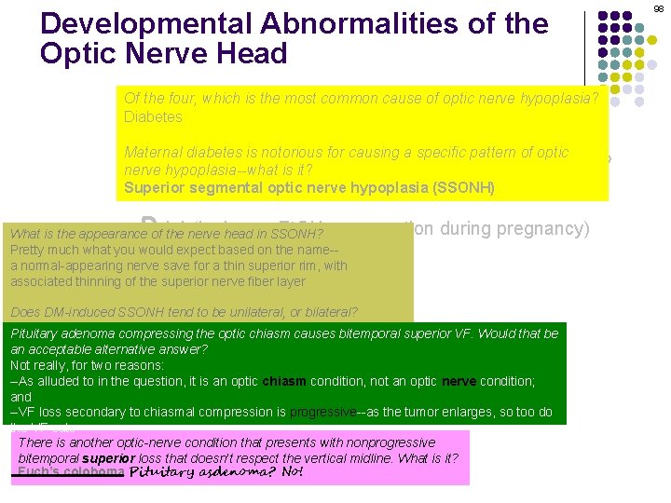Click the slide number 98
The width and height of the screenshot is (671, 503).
pos(659,8)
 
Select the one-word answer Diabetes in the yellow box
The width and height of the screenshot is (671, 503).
pos(153,117)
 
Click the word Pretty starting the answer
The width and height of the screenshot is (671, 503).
pos(29,250)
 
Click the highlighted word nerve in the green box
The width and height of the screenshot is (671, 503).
pos(459,381)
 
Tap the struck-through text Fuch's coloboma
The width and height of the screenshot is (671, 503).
pos(70,472)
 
